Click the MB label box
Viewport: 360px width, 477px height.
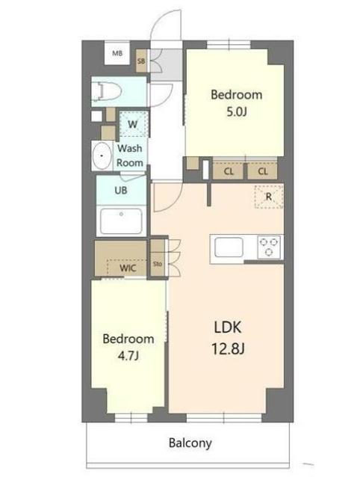(117, 54)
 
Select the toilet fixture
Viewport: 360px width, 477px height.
(105, 91)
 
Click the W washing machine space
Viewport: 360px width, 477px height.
(131, 124)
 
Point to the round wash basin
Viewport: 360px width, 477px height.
(102, 158)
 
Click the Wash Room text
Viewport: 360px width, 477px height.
(130, 156)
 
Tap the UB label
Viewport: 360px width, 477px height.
(120, 190)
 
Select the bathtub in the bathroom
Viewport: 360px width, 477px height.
(121, 221)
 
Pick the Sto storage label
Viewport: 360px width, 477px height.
(158, 264)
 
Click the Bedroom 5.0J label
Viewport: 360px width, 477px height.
(236, 102)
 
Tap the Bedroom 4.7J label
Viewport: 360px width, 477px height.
(128, 346)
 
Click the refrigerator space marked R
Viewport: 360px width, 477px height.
(268, 197)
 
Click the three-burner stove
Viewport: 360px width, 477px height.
(269, 246)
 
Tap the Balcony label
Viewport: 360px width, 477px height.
(189, 443)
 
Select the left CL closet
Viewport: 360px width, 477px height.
(229, 171)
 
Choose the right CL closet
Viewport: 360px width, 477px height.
(263, 171)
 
